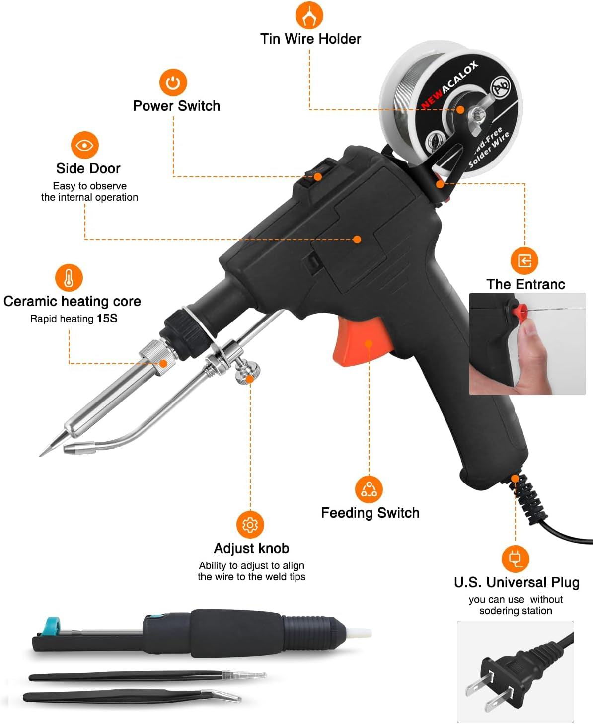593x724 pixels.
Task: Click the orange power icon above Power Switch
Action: [173, 82]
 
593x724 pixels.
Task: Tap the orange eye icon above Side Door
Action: [85, 145]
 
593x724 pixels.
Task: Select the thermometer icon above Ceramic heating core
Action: [69, 278]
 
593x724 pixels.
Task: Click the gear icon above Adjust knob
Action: [250, 525]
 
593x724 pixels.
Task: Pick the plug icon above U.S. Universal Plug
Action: [516, 559]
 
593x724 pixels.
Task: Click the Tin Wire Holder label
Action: [310, 39]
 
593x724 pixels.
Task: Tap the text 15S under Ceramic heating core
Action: [107, 318]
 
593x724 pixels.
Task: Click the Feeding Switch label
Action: [371, 513]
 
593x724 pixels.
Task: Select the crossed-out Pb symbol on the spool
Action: [501, 86]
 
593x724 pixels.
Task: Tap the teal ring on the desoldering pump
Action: [52, 625]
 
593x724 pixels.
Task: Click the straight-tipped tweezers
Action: [148, 676]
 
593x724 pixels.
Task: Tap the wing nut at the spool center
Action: [478, 114]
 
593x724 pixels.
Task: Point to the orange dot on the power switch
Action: [318, 177]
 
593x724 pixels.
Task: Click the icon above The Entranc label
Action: [524, 260]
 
